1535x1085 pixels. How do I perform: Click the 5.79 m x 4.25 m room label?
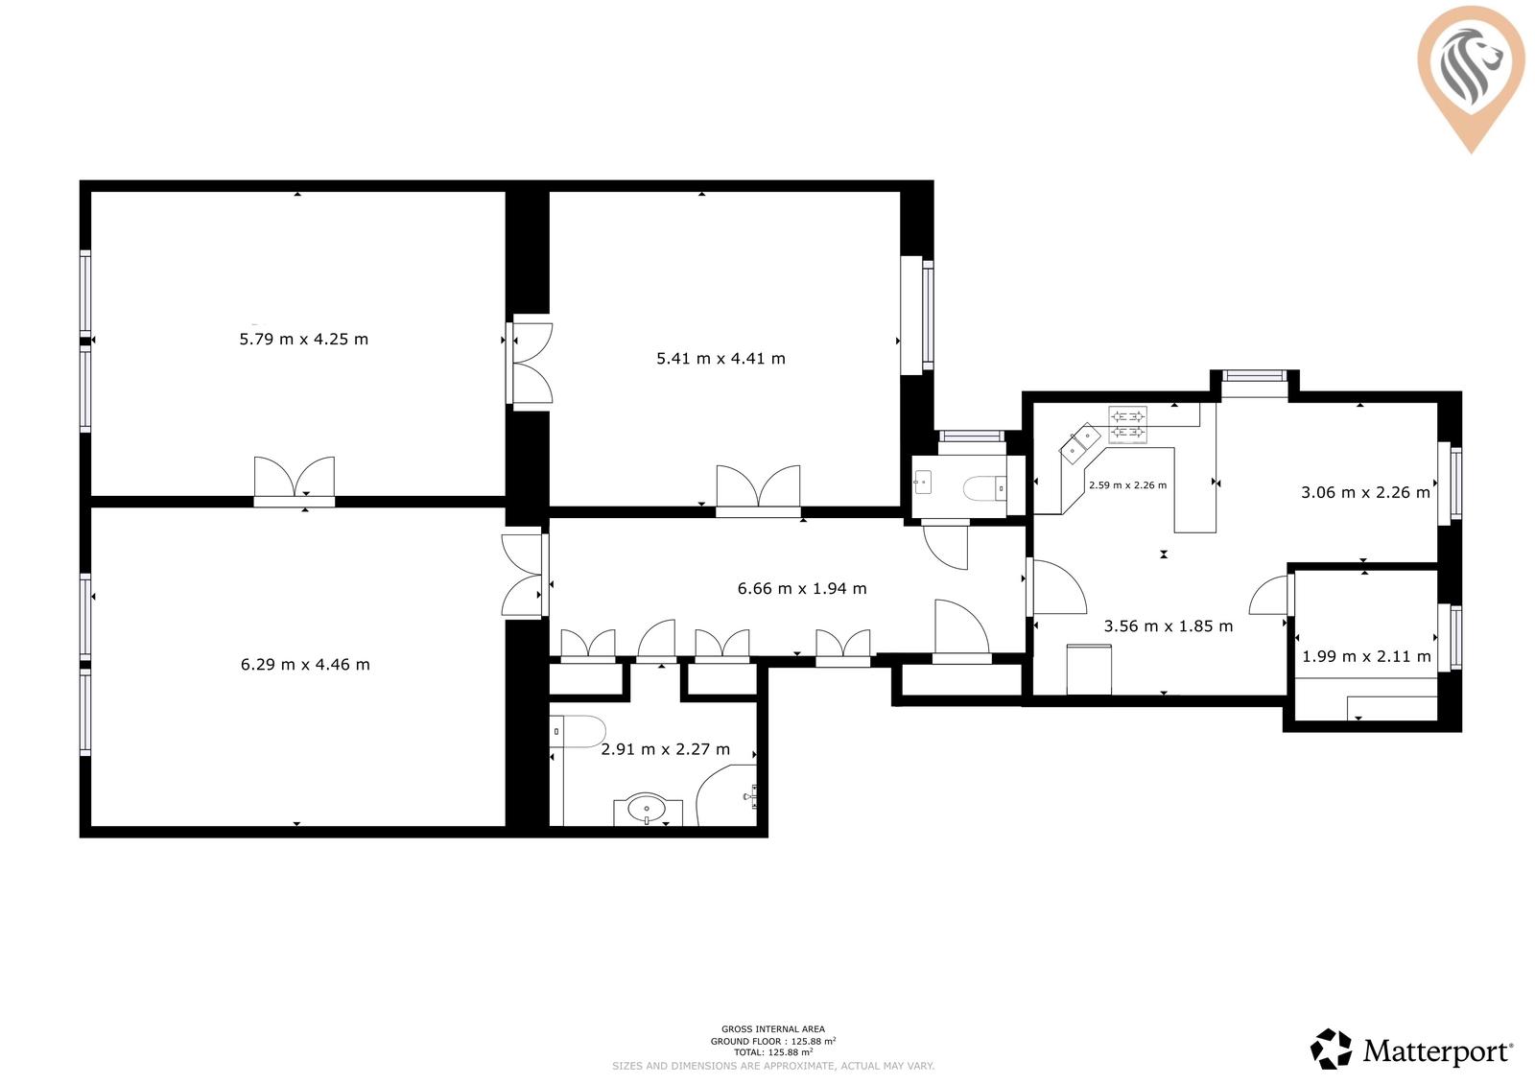303,340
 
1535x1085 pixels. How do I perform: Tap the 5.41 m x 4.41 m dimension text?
720,359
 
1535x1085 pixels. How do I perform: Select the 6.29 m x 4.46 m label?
305,664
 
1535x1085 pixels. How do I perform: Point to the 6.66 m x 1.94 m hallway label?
802,589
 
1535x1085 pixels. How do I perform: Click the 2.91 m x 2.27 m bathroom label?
666,749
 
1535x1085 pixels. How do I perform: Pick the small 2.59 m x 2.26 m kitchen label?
1127,485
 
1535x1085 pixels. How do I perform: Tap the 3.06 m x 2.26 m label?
1366,492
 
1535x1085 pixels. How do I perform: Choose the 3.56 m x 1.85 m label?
1169,625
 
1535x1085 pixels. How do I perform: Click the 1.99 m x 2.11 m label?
1366,656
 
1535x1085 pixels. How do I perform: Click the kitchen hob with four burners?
1127,424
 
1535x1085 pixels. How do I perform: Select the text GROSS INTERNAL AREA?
773,1028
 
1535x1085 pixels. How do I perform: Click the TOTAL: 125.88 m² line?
773,1052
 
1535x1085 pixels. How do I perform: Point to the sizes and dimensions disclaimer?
773,1066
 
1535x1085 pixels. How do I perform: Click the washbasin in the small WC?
922,483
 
